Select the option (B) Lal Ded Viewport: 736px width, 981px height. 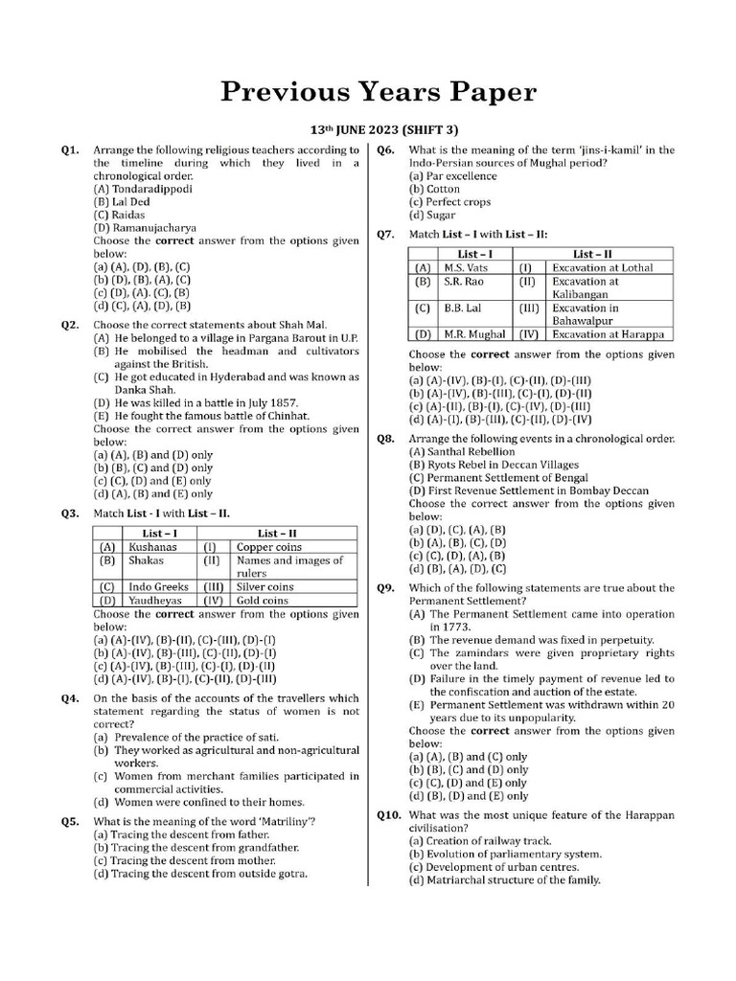122,202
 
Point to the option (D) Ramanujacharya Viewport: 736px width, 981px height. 145,229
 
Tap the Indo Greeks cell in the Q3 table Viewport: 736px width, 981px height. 159,586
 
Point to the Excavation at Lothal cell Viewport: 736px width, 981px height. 603,268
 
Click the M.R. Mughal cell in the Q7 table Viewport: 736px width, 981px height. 472,334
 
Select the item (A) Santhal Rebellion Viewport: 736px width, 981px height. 462,451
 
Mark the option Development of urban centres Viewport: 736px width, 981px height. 505,867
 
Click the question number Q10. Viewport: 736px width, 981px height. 390,814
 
